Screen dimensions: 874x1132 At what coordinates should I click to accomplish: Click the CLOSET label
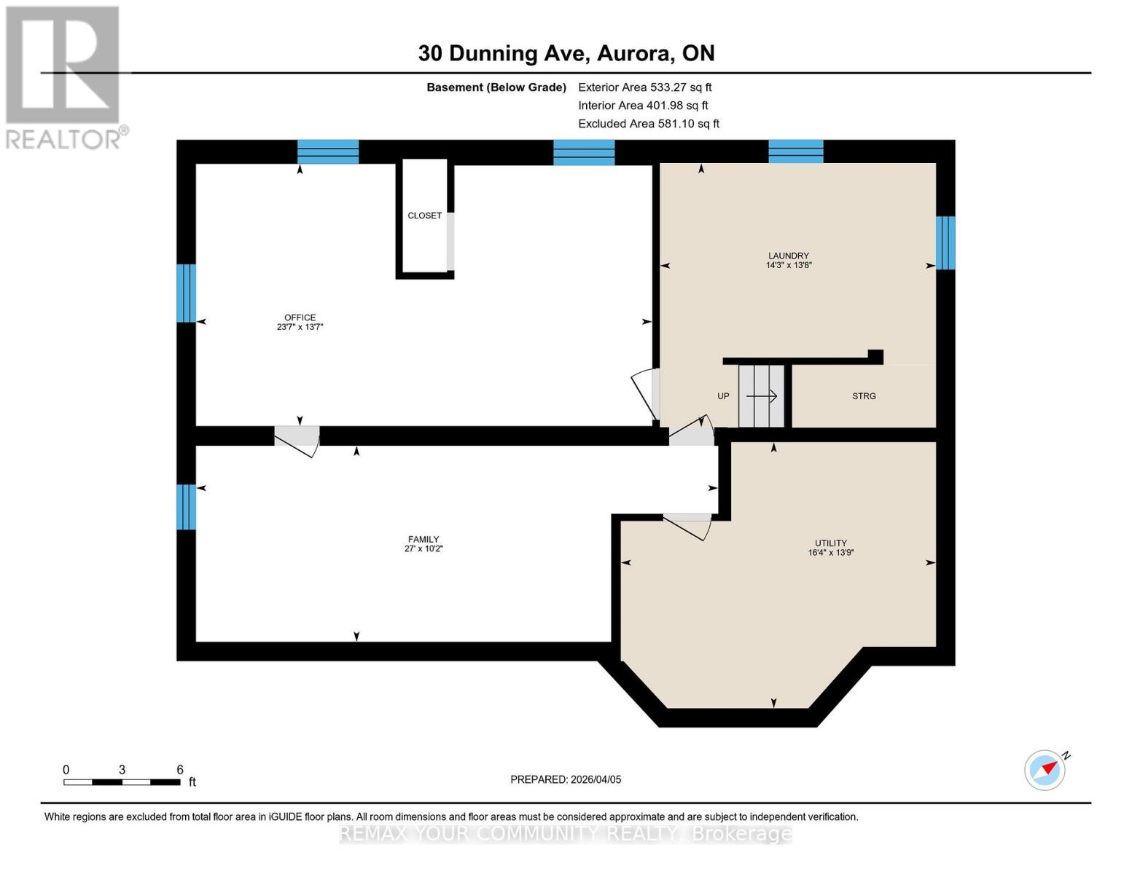pos(424,216)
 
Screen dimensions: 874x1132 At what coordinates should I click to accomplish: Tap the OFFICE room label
pos(300,318)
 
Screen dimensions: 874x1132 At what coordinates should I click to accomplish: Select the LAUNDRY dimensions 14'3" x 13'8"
pos(788,265)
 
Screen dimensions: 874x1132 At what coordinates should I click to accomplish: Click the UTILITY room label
pos(830,543)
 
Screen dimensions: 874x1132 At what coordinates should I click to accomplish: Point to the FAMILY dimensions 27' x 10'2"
pos(423,549)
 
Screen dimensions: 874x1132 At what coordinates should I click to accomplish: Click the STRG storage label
pos(864,396)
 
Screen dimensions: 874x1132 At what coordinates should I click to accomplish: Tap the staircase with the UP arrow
pos(761,396)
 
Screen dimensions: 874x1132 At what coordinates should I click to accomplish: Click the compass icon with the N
pos(1045,770)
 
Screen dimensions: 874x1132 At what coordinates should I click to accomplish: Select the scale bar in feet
pos(122,782)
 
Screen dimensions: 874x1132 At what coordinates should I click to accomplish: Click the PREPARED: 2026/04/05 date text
pos(566,779)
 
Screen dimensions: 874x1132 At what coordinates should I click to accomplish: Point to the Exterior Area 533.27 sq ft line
pos(644,87)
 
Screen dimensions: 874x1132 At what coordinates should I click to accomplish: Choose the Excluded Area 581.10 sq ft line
pos(648,124)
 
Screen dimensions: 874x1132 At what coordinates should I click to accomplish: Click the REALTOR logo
pos(64,76)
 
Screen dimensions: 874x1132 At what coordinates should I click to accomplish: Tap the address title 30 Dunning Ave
pos(566,53)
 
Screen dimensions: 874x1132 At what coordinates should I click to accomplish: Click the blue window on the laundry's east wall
pos(945,243)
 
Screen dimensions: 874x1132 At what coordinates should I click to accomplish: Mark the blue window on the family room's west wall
pos(187,507)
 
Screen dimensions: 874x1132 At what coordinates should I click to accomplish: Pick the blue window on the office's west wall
pos(187,293)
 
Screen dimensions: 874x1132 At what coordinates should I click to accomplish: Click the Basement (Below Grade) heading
pos(496,87)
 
